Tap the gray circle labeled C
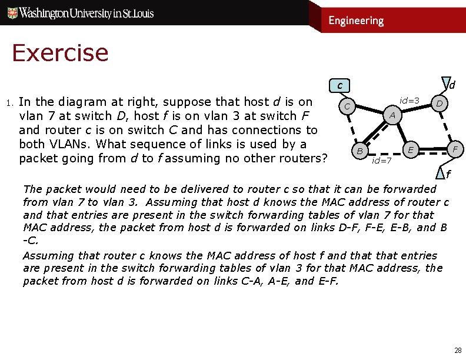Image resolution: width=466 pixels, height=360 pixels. pos(348,106)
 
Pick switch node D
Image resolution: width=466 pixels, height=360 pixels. pos(438,104)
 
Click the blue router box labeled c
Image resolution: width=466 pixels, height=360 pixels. pos(339,86)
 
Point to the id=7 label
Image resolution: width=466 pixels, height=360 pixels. pos(382,160)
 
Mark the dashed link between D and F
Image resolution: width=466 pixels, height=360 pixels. pos(447,127)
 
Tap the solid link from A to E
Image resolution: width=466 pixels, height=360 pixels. pos(403,132)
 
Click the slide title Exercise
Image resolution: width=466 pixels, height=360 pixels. pos(60,53)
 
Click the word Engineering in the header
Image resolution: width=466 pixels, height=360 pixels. pos(355,21)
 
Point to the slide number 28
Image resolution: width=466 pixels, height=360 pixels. pos(457,351)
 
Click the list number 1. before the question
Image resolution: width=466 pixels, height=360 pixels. pos(9,103)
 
